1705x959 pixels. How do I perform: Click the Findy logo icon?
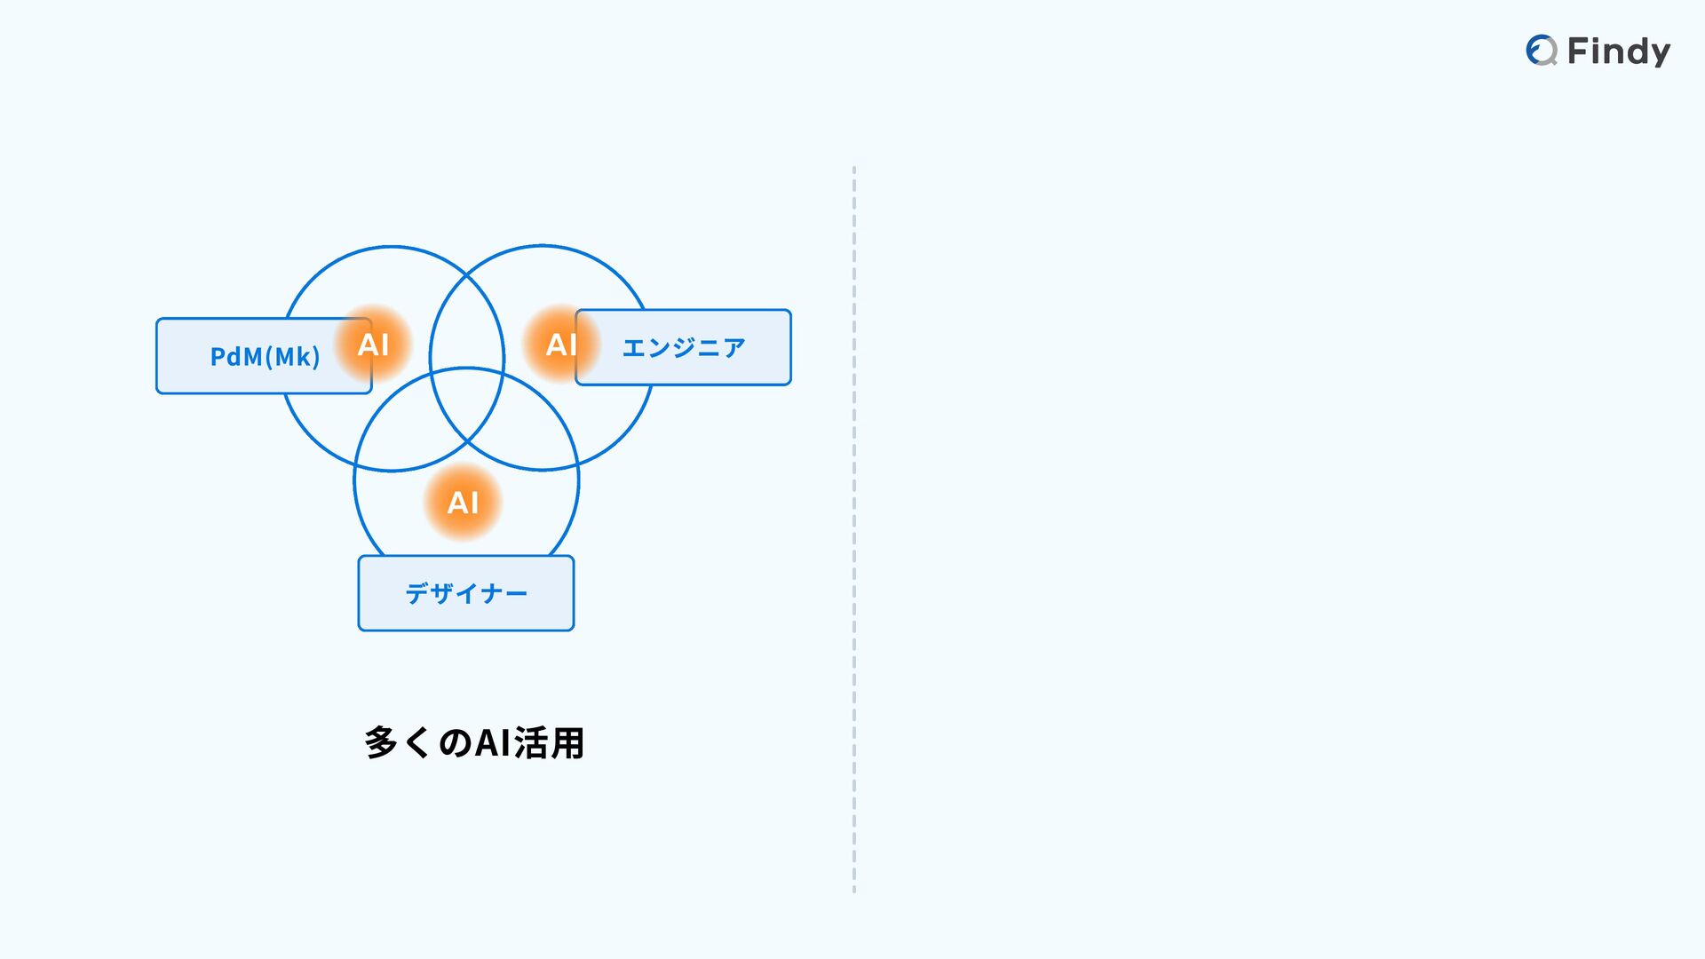[1542, 51]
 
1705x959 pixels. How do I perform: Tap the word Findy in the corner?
[1618, 52]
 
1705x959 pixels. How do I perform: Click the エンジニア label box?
[683, 347]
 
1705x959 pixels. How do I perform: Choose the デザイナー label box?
[466, 593]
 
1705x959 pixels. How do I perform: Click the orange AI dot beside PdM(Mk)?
[373, 344]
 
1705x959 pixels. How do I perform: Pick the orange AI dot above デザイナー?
[463, 503]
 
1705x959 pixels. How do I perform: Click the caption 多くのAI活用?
[474, 743]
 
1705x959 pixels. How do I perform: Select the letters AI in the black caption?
[494, 743]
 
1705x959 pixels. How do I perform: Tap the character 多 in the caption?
[381, 743]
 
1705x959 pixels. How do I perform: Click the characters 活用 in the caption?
[549, 743]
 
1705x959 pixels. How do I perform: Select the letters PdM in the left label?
[236, 357]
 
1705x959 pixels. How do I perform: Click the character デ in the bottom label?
[417, 593]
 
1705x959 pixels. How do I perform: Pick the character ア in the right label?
[733, 347]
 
